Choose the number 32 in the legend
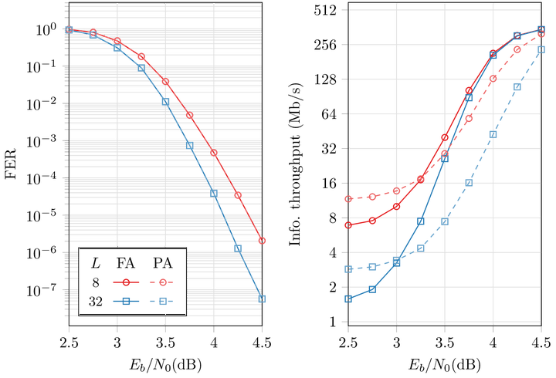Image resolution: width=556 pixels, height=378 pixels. [95, 302]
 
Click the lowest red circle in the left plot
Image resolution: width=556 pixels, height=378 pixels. [263, 241]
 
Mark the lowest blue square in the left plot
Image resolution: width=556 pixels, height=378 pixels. [263, 299]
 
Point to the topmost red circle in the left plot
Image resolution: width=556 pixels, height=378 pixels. [69, 29]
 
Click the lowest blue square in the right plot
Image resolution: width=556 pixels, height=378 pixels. [348, 299]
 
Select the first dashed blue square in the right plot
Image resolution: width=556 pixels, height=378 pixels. [348, 269]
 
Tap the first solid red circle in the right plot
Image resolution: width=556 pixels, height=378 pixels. [348, 225]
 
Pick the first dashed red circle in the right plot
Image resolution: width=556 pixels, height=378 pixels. [348, 199]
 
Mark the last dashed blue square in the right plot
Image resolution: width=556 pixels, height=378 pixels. [541, 49]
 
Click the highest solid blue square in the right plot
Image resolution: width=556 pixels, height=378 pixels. [541, 30]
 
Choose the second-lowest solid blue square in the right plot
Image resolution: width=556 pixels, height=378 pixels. [373, 289]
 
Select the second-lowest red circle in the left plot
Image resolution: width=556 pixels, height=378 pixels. [239, 194]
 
